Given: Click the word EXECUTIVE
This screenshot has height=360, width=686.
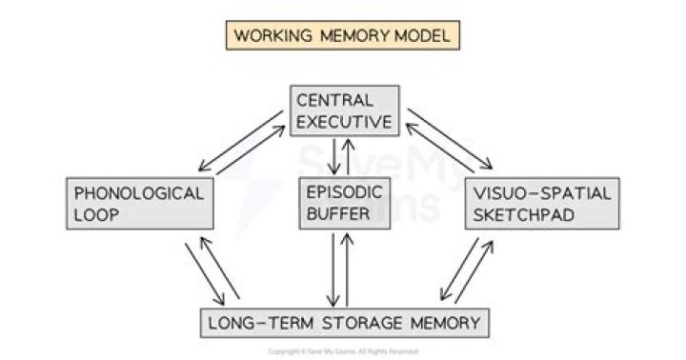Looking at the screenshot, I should (343, 121).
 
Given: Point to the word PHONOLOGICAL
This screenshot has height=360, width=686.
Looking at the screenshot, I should (139, 192).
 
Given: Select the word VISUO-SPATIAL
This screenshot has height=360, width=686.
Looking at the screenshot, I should (539, 192).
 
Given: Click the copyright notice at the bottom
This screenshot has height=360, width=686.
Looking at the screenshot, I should (343, 351).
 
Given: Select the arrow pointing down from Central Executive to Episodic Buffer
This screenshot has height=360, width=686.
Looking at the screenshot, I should (334, 155).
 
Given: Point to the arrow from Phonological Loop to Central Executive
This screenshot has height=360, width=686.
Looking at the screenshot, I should (250, 148).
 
